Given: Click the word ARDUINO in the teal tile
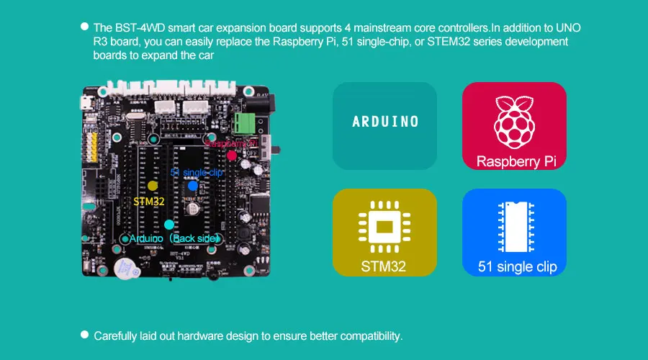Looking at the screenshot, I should point(384,122).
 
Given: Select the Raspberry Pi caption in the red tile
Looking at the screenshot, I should point(514,161).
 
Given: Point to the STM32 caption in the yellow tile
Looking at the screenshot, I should point(384,267).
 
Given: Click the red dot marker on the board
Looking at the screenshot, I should point(231,155).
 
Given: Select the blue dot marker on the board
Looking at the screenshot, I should point(193,185).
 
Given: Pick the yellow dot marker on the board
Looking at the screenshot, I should point(153,185).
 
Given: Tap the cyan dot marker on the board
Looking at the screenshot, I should point(168,225).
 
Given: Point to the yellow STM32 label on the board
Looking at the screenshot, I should point(150,201).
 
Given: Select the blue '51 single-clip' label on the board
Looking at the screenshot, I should point(197,173).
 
